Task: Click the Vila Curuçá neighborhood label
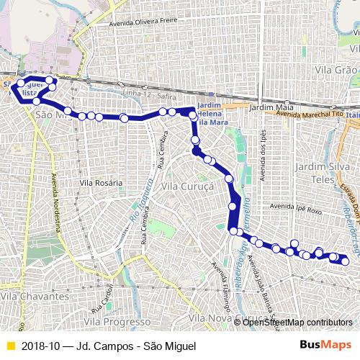pyautogui.click(x=188, y=186)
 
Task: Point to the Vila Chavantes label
pyautogui.click(x=35, y=296)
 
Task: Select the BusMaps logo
pyautogui.click(x=325, y=346)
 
